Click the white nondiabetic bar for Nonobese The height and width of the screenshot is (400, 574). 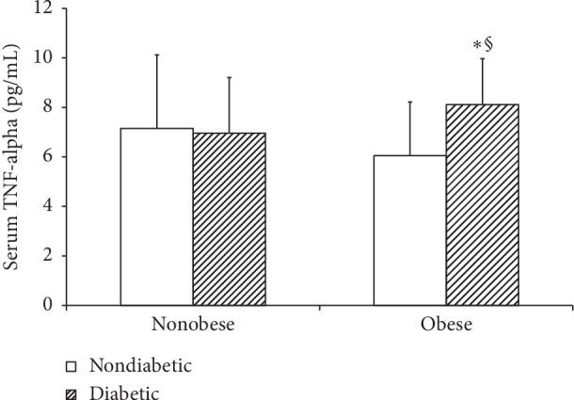pyautogui.click(x=156, y=217)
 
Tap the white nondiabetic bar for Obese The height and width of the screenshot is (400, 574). pyautogui.click(x=409, y=231)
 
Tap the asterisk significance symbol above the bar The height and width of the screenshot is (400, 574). pyautogui.click(x=477, y=46)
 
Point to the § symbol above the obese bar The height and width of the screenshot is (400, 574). pyautogui.click(x=488, y=45)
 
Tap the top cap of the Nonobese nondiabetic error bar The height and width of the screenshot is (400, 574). pyautogui.click(x=156, y=55)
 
